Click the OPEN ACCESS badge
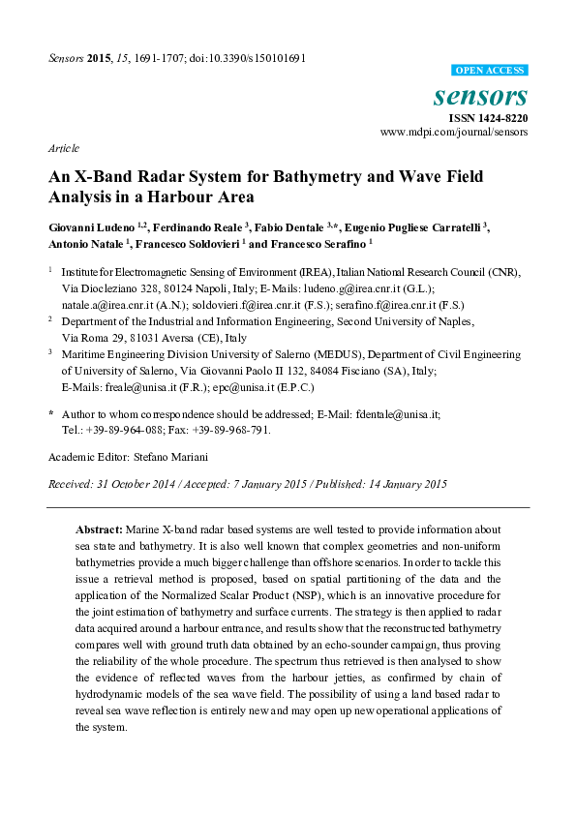491,71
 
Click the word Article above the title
63,149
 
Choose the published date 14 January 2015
400,483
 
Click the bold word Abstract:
99,529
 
